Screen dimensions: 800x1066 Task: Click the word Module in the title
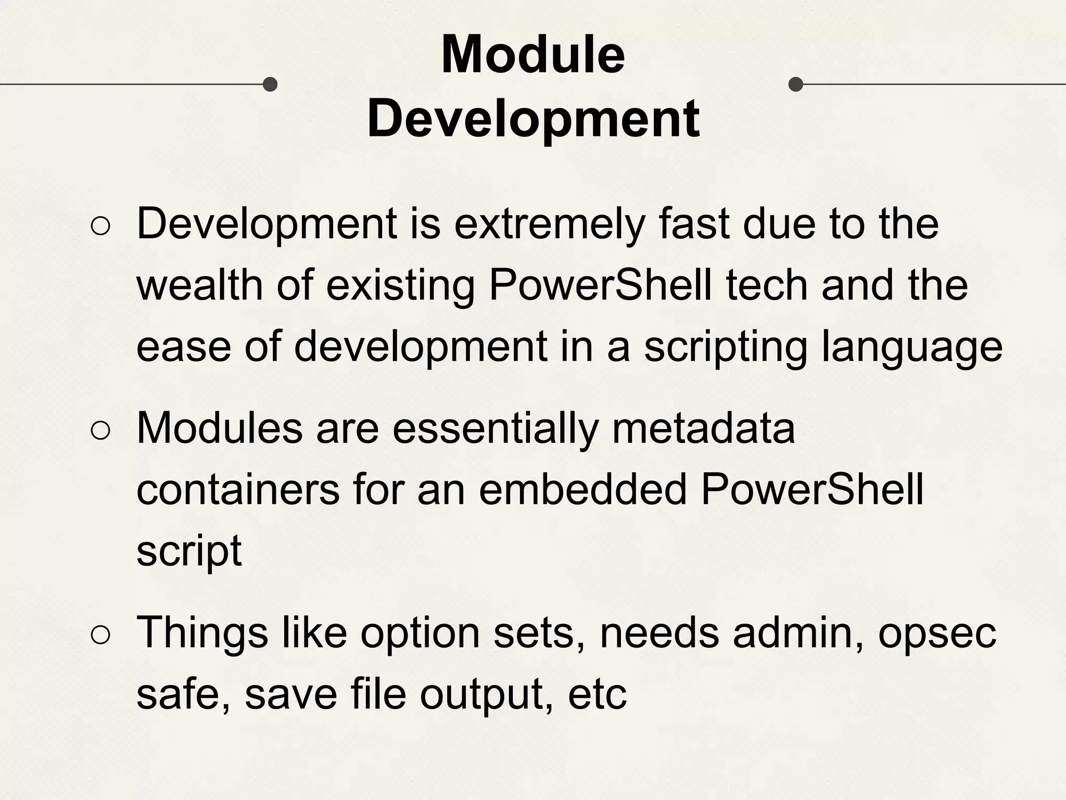pos(532,54)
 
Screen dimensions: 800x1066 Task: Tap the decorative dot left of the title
pos(270,84)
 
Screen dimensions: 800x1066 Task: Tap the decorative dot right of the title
pos(796,84)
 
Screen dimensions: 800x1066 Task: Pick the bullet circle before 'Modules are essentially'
pos(100,430)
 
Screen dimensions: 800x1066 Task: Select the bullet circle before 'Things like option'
pos(100,634)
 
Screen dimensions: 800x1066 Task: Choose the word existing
pos(400,287)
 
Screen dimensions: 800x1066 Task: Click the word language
pos(911,348)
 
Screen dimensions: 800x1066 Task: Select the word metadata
pos(703,429)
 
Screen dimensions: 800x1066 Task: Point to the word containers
pos(238,490)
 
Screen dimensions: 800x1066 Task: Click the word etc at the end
pos(597,695)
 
